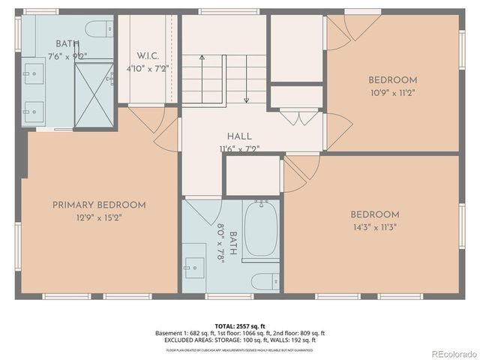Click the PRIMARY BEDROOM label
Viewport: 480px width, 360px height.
(x=99, y=205)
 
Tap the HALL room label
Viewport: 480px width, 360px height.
(x=240, y=136)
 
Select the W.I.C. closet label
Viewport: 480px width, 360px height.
(x=147, y=55)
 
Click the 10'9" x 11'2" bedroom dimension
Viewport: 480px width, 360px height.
(x=392, y=93)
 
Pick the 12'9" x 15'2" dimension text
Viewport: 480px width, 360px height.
(x=99, y=217)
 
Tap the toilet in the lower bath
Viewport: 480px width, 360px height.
(x=263, y=281)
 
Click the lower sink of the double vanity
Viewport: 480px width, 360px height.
(x=33, y=113)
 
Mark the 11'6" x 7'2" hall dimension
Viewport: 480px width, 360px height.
(x=239, y=148)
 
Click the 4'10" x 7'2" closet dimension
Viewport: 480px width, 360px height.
(x=147, y=68)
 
